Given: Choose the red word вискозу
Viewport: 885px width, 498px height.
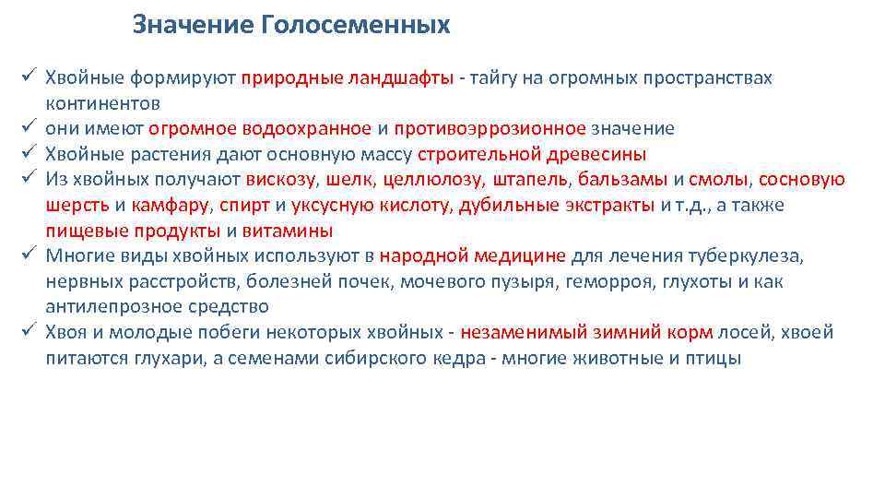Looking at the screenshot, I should pos(281,180).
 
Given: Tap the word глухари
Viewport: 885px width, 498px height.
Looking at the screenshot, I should pos(150,358).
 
